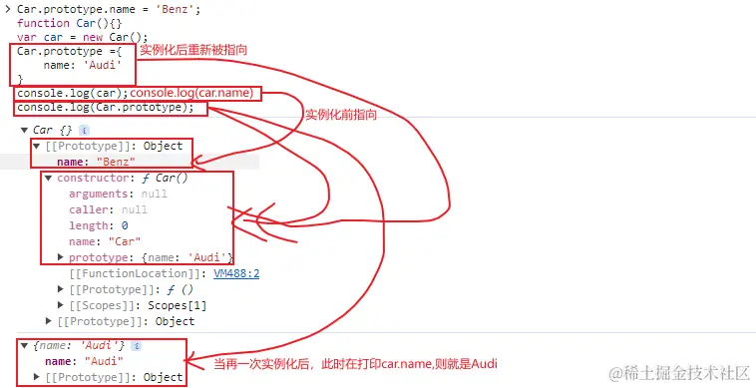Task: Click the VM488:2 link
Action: tap(235, 272)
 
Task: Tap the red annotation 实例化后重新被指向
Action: tap(192, 50)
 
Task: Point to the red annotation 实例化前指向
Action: tap(340, 115)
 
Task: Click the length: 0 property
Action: tap(98, 225)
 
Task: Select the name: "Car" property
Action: tap(104, 241)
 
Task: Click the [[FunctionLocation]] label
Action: tap(138, 272)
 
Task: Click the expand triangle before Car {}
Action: tap(23, 130)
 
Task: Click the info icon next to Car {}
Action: tap(84, 130)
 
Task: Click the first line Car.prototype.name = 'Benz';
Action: tap(88, 8)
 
